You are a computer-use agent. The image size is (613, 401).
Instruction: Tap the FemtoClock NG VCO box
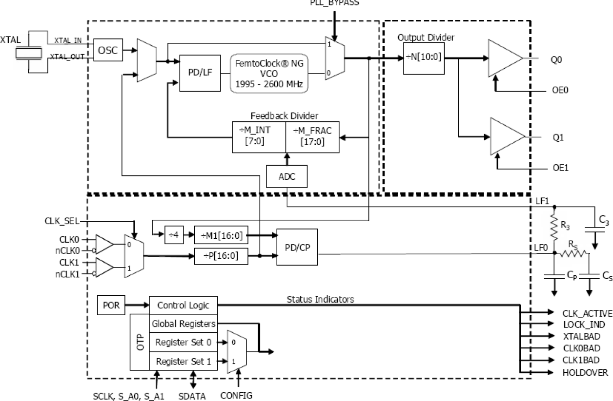click(x=270, y=73)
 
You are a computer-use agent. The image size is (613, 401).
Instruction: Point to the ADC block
click(x=287, y=177)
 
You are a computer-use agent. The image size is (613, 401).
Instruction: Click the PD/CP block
click(x=297, y=247)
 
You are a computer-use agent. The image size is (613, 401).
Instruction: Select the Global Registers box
click(x=184, y=324)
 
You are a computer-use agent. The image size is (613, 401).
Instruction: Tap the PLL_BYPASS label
click(x=334, y=2)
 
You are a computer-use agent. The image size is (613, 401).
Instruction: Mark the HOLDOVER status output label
click(x=585, y=373)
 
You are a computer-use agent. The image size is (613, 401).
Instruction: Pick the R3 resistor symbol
click(x=555, y=225)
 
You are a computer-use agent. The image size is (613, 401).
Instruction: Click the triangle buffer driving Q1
click(x=504, y=136)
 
